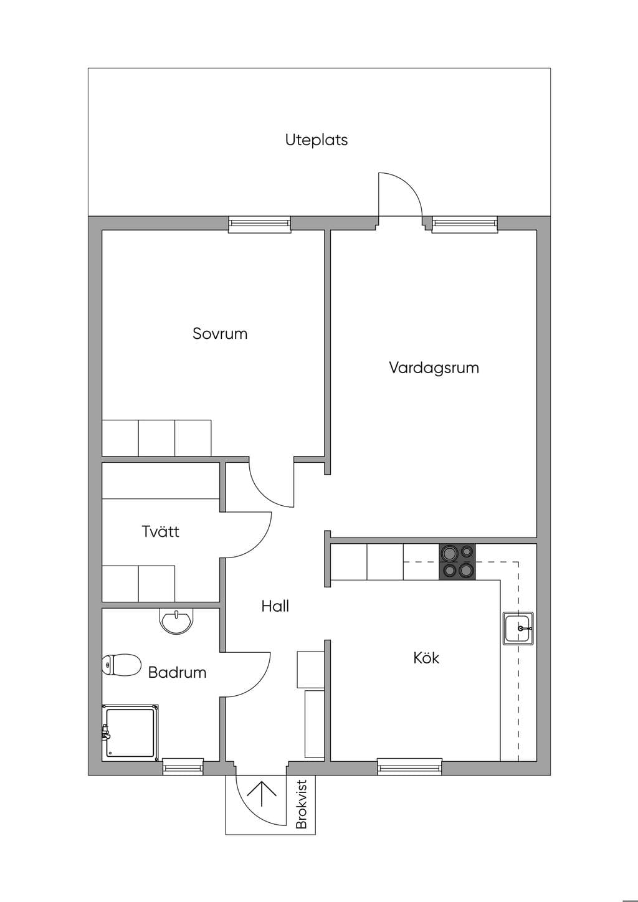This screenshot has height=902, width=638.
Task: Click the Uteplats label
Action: pos(316,140)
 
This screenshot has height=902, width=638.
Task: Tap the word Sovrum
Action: pos(220,334)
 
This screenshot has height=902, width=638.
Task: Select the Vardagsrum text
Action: pos(434,368)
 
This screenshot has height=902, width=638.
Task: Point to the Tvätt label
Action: pos(160,531)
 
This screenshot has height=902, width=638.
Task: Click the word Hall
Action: pos(275,606)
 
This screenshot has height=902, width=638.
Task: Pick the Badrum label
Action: pos(177,672)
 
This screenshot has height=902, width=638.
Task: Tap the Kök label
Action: pos(426,658)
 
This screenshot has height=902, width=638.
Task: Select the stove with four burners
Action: pos(457,562)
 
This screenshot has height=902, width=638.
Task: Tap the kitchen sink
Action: pos(518,628)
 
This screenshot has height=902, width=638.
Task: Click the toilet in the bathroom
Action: pos(121,665)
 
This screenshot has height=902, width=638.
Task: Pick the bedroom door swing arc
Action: pos(261,493)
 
